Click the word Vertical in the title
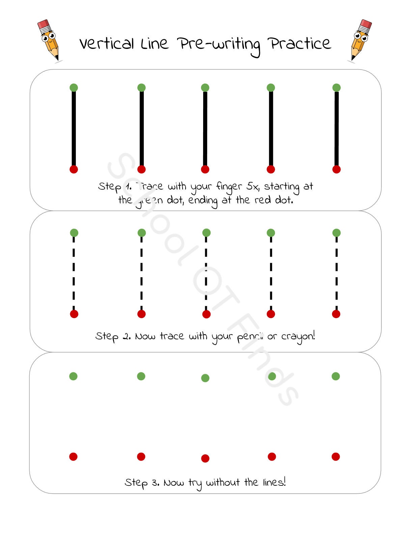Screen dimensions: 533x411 tap(107, 44)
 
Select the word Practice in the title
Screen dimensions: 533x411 tap(299, 44)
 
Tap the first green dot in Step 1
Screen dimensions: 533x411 tap(74, 88)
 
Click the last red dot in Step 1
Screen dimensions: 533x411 tap(336, 169)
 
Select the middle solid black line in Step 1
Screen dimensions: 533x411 tap(205, 128)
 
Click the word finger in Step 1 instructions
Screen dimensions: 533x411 tap(229, 187)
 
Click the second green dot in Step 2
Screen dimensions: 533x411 tap(142, 233)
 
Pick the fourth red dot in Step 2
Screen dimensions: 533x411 tap(271, 314)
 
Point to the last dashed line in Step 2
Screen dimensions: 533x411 tap(336, 273)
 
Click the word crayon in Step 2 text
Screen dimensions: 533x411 tap(297, 336)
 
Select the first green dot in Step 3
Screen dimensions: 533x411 tap(73, 376)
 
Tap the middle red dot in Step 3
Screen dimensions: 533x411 tap(205, 458)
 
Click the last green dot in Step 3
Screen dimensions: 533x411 tap(336, 376)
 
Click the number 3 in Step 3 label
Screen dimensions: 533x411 tap(155, 483)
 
